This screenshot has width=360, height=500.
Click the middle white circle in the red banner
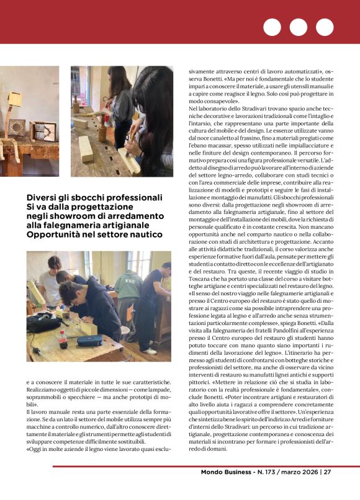click(x=299, y=27)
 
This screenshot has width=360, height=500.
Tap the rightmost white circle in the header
click(x=325, y=27)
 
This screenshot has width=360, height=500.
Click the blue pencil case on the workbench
click(x=89, y=340)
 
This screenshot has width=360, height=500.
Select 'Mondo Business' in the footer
click(x=228, y=489)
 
